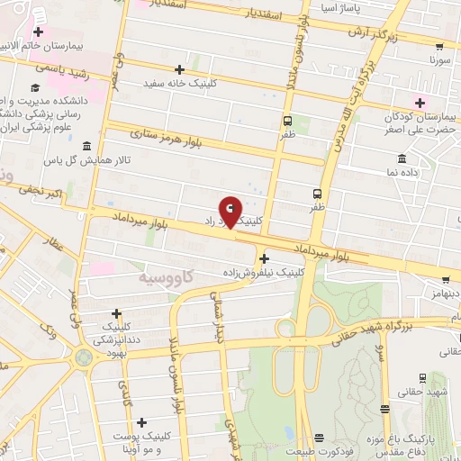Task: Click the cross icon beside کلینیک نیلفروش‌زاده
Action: [x=263, y=258]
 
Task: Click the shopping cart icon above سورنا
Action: [x=438, y=47]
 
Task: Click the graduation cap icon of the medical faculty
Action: [x=34, y=88]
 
